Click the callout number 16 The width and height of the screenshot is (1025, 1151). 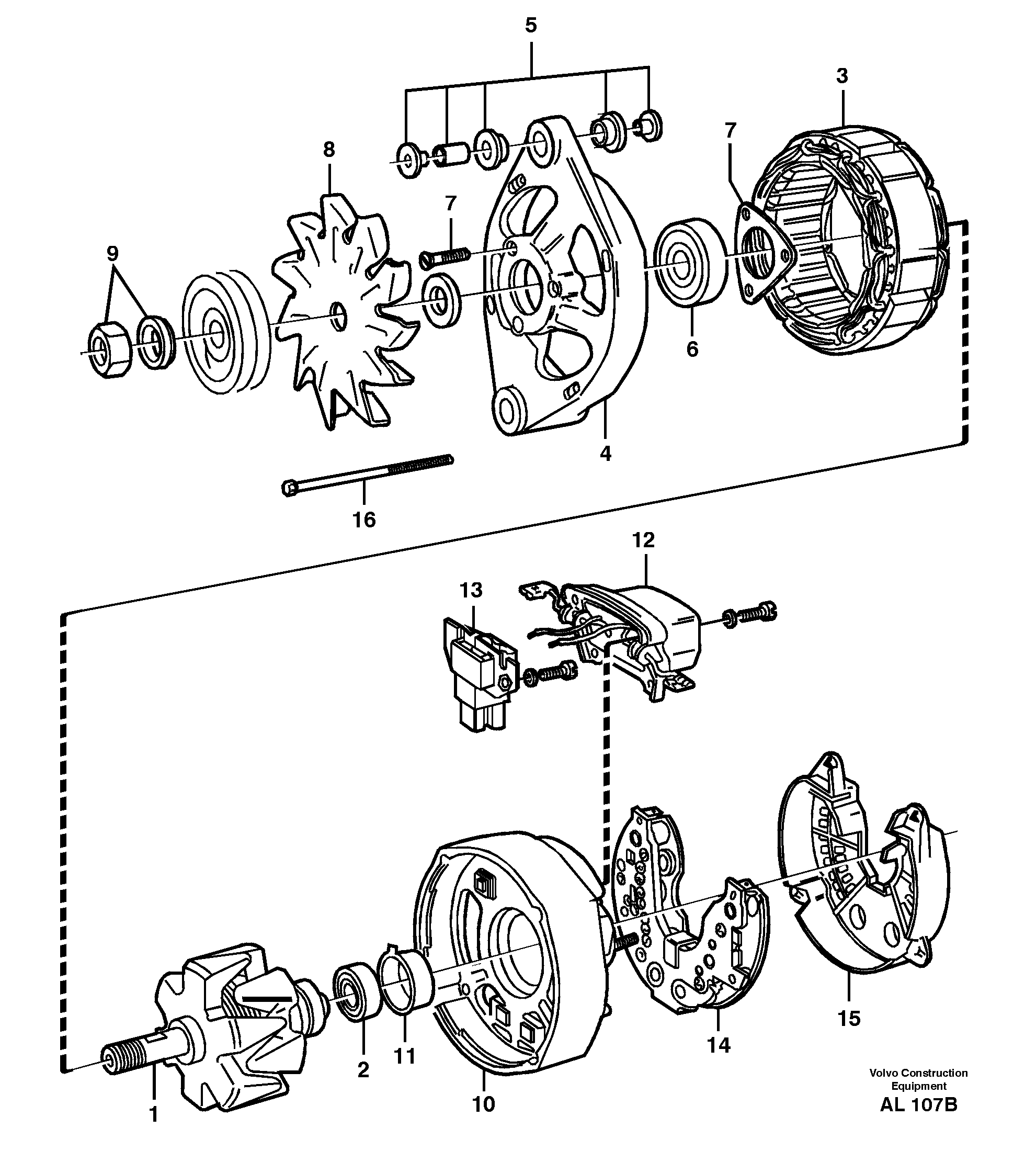(x=364, y=520)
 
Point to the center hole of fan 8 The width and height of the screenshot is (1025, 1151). (x=338, y=315)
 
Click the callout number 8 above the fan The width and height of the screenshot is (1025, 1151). (x=329, y=150)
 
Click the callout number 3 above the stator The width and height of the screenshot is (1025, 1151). (x=841, y=75)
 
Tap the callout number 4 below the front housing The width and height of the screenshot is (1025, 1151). (x=606, y=453)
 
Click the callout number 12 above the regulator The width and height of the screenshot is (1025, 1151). (x=643, y=540)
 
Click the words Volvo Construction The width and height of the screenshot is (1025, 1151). (x=918, y=1073)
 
